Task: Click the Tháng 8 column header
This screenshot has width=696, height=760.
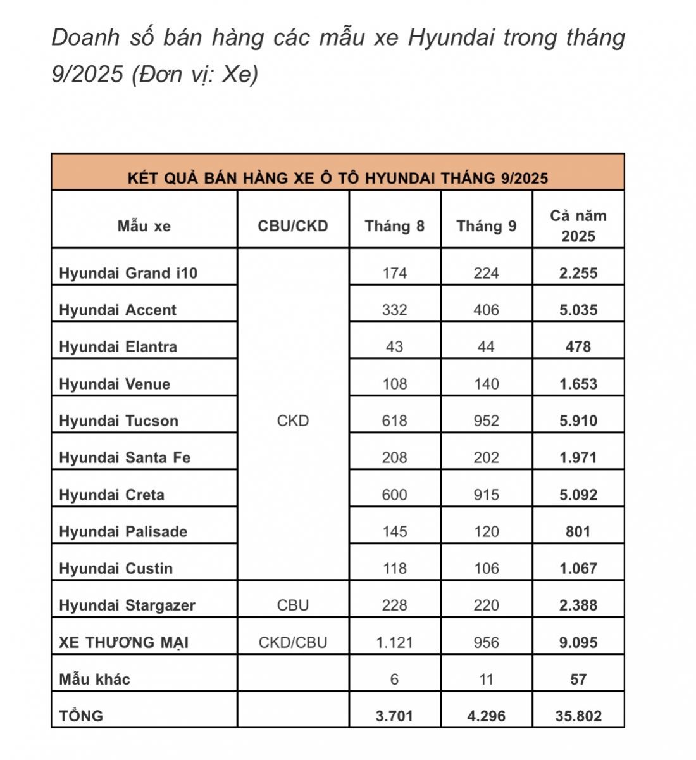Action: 394,226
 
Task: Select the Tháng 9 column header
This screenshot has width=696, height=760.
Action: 486,226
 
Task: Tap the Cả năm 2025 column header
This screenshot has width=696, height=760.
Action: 578,225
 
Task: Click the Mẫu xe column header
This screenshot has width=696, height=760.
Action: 144,226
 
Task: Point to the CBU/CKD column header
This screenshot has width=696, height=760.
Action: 293,226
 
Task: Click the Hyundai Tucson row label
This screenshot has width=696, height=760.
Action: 118,421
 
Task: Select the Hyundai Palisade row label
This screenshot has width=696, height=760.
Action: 123,531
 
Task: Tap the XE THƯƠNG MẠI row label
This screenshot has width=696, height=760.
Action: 123,642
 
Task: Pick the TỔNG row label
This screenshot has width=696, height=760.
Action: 80,716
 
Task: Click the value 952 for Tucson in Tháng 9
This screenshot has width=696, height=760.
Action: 486,421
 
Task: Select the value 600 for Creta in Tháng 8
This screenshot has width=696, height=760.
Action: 394,495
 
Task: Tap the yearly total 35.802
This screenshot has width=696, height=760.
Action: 578,716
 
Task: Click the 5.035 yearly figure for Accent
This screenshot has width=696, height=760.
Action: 578,310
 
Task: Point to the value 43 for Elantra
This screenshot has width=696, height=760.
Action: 394,346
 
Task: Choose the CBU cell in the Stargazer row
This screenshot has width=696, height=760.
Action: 293,605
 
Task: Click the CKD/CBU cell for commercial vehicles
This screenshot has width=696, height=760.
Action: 293,642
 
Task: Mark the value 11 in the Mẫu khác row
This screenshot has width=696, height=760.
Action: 486,679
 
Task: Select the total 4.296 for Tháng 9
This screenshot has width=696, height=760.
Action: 486,716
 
